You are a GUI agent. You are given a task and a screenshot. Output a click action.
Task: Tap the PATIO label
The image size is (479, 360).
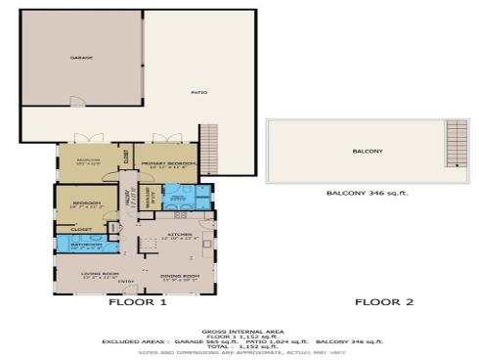(197, 93)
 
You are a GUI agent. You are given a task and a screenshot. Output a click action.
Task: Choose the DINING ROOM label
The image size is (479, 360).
(180, 275)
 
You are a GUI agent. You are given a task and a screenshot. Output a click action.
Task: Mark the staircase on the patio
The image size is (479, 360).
(207, 146)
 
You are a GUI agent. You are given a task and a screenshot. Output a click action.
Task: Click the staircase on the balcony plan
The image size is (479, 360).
(456, 144)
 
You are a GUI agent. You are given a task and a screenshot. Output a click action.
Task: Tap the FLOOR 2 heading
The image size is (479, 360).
(384, 302)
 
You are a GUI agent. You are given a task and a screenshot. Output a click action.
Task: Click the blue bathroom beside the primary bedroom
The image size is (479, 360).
(179, 197)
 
